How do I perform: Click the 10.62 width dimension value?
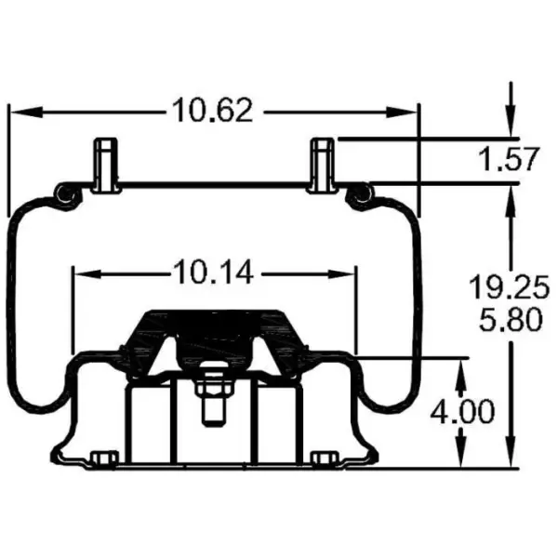(x=212, y=111)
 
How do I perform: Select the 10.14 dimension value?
(x=214, y=273)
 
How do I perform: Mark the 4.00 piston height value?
(x=463, y=410)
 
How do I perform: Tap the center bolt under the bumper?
(x=212, y=399)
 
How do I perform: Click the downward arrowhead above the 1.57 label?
(x=510, y=126)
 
